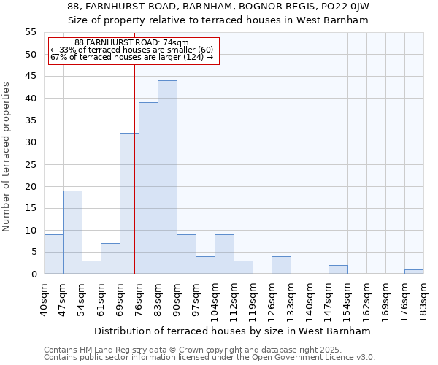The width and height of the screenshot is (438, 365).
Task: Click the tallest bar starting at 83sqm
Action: point(167,177)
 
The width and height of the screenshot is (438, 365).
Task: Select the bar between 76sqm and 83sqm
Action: point(148,188)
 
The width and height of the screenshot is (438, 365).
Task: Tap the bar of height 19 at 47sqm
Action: point(72,232)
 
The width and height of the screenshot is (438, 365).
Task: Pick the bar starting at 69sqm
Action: point(129,204)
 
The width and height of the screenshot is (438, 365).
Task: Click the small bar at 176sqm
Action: point(414,272)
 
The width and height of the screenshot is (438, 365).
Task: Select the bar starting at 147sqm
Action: point(338,269)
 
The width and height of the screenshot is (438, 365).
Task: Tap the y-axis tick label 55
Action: point(31,32)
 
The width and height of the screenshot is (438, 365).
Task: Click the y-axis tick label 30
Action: point(31,142)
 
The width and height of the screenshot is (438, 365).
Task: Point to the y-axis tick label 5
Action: point(34,252)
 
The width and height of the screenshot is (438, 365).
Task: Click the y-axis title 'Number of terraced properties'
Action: point(7,157)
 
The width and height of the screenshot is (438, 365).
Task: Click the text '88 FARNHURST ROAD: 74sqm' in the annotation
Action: point(131,43)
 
